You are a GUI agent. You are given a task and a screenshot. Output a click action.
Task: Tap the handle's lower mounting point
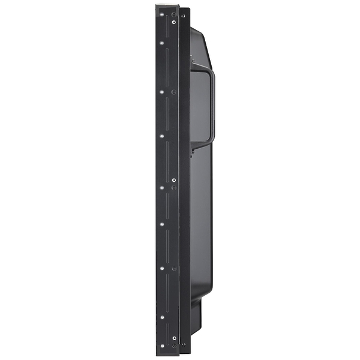pyautogui.click(x=193, y=144)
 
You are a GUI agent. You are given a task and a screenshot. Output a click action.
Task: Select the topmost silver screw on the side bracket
pyautogui.click(x=174, y=22)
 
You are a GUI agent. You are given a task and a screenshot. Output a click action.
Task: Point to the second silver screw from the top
pyautogui.click(x=174, y=92)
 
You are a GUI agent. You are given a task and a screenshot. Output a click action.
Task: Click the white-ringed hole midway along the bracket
pyautogui.click(x=162, y=187)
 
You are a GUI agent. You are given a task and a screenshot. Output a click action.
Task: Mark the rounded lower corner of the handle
pyautogui.click(x=209, y=140)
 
